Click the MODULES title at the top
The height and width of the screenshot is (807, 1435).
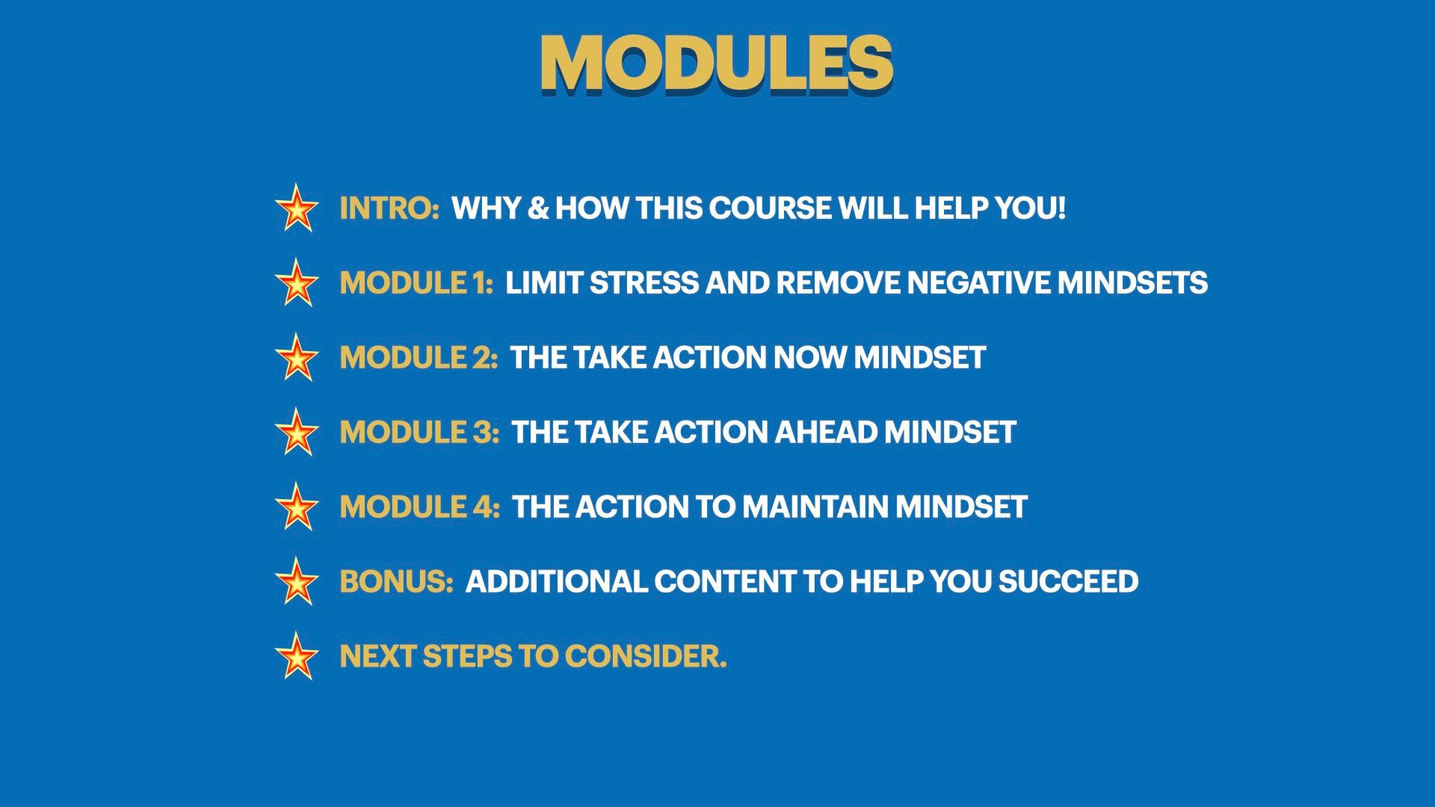point(716,64)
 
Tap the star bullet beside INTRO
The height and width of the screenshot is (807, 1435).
point(297,208)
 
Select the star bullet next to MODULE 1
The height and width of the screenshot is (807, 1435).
point(297,282)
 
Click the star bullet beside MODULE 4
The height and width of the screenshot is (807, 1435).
point(297,507)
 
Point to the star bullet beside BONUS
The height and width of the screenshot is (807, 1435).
point(297,581)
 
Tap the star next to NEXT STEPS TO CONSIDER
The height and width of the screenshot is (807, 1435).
point(297,656)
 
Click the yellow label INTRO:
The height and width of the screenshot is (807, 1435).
point(389,208)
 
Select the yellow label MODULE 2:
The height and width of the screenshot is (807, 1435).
point(419,358)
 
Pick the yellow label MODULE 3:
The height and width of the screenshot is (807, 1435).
point(419,433)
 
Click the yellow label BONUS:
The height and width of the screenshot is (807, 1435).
point(396,582)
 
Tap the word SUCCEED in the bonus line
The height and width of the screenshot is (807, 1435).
point(1068,582)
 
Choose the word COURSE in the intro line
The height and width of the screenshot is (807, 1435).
point(770,208)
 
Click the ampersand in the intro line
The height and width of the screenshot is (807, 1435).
point(537,208)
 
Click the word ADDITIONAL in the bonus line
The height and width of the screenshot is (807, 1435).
point(556,582)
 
